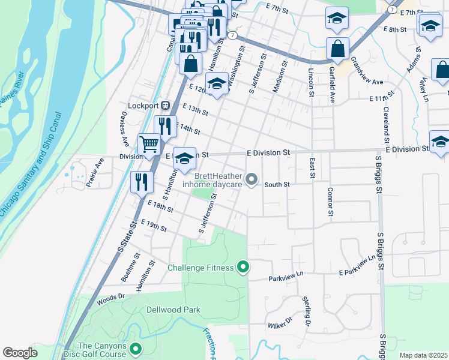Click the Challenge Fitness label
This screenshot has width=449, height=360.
click(201, 268)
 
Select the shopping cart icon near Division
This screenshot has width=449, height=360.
click(149, 144)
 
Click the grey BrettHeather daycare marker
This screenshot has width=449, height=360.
click(252, 179)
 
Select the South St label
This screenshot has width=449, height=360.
click(277, 185)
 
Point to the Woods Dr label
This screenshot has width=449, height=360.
click(112, 296)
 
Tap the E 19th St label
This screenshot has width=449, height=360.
click(155, 226)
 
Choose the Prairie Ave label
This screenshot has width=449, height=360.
click(95, 173)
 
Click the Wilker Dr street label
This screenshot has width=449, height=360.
click(279, 323)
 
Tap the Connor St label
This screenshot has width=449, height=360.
click(330, 201)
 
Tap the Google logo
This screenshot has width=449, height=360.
click(20, 353)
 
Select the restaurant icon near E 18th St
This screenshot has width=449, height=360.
click(141, 182)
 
